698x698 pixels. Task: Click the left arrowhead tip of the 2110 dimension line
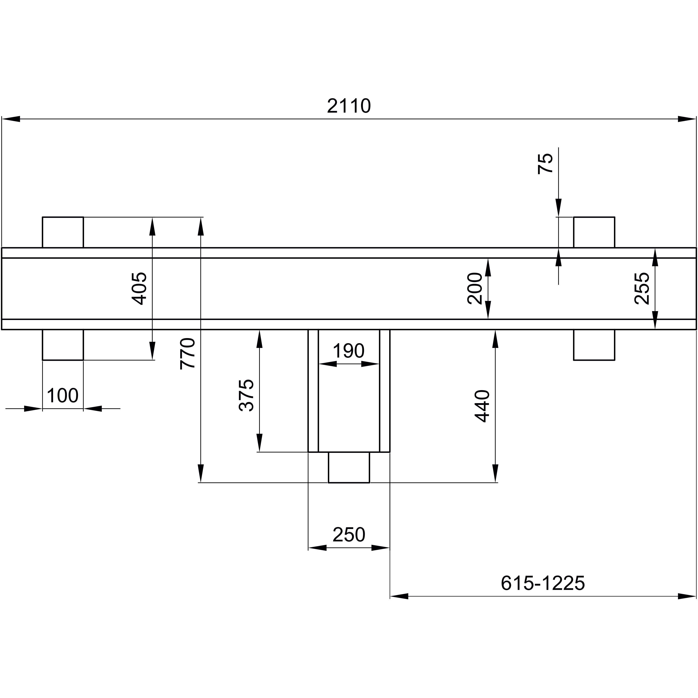[x=2, y=119]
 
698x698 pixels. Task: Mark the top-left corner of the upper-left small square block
[x=43, y=217]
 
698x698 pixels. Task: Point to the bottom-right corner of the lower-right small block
[x=614, y=360]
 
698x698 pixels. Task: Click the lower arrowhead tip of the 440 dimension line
[x=495, y=483]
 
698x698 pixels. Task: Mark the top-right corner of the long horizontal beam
[x=696, y=248]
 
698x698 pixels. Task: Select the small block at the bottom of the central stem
[x=349, y=467]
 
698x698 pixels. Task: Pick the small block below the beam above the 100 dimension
[x=63, y=345]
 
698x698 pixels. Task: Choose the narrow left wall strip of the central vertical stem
[x=313, y=391]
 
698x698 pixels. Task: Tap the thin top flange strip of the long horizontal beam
[x=349, y=253]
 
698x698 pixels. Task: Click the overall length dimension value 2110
[x=349, y=106]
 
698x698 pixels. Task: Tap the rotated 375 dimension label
[x=247, y=395]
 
